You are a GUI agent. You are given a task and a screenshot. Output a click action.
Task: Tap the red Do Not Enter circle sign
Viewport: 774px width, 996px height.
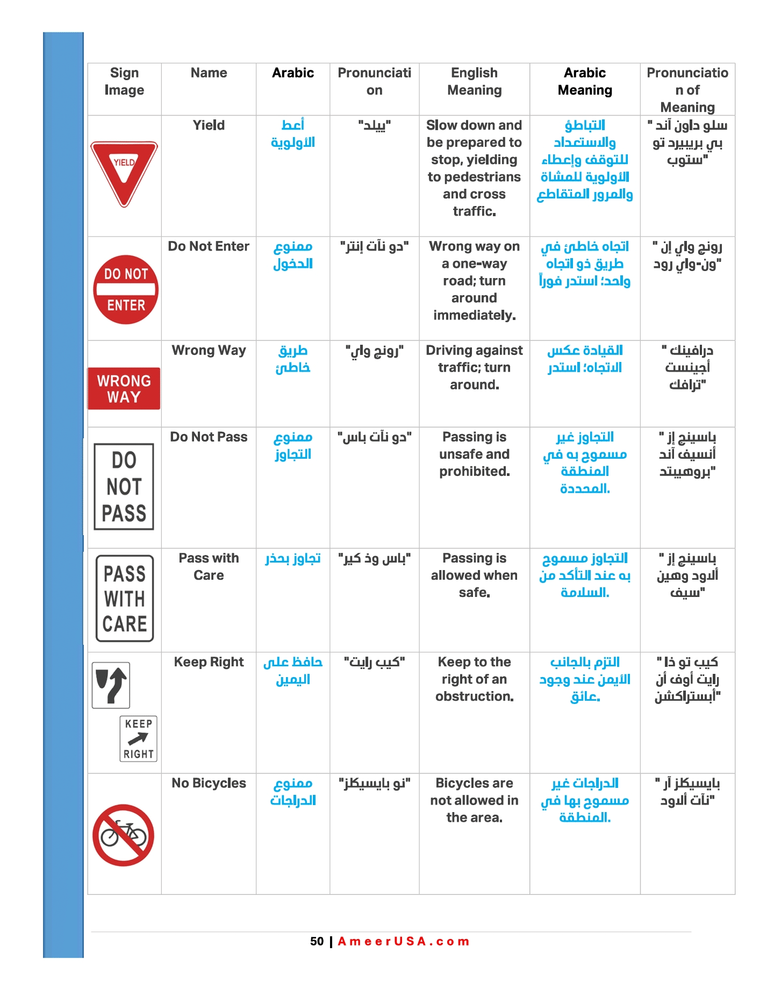point(126,289)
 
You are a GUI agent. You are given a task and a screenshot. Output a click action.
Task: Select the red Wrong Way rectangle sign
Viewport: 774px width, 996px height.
point(124,388)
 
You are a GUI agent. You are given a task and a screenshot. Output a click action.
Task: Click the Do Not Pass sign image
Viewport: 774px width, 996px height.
point(124,487)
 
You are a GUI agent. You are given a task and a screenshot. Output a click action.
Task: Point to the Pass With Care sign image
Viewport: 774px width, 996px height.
point(125,599)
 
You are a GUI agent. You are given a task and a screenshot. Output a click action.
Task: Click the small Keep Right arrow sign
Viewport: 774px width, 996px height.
point(139,738)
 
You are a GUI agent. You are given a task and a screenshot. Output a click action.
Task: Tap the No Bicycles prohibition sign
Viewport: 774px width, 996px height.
point(124,835)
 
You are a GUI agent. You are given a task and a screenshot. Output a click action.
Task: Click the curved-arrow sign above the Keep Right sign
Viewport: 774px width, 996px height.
point(111,685)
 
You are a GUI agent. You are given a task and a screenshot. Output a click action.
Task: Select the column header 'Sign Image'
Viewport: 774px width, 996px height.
point(124,81)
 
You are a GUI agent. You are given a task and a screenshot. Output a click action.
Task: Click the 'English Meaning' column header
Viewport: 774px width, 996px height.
point(474,81)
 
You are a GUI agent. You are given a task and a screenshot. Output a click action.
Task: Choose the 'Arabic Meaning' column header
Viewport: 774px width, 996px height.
point(585,81)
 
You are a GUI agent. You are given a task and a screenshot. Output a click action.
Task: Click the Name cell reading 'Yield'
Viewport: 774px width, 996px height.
point(209,125)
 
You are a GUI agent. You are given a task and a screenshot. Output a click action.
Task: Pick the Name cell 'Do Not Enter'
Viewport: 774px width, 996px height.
point(209,246)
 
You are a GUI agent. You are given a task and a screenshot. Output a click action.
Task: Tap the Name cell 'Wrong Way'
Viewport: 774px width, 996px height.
point(209,350)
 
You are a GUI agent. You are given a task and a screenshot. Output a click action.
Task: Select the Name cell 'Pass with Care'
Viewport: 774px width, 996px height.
point(209,566)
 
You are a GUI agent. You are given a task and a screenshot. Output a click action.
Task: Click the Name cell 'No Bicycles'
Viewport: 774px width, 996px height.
point(209,783)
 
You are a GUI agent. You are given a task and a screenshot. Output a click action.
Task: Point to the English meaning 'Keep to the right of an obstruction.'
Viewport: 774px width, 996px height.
point(474,679)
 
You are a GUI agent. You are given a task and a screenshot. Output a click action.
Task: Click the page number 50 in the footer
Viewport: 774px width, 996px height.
point(317,941)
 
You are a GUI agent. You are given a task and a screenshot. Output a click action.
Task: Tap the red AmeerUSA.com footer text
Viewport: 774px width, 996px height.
point(404,941)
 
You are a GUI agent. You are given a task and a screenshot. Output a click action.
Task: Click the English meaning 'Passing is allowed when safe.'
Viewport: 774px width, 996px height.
point(474,575)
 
